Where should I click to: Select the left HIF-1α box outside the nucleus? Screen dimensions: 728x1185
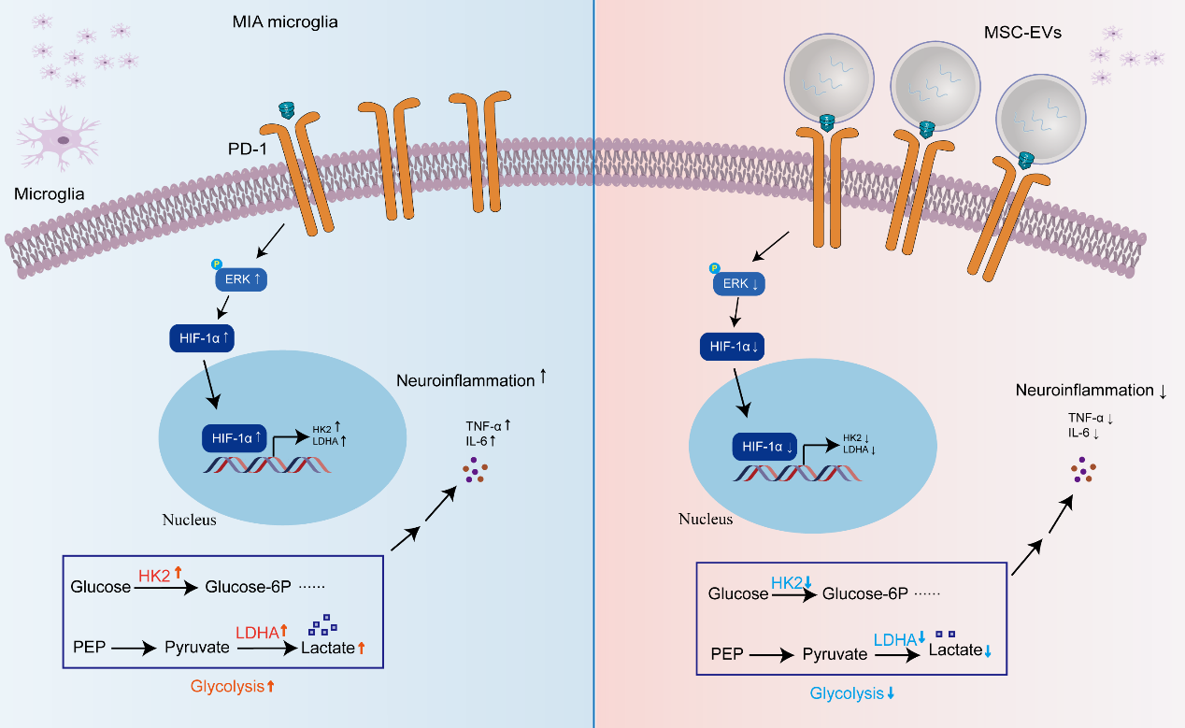(x=202, y=338)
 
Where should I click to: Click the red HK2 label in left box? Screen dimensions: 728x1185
(x=155, y=577)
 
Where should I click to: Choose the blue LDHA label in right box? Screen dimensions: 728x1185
(x=893, y=640)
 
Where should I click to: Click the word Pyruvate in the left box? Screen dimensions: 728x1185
(x=196, y=646)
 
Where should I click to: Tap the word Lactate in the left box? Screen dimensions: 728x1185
(x=327, y=647)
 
